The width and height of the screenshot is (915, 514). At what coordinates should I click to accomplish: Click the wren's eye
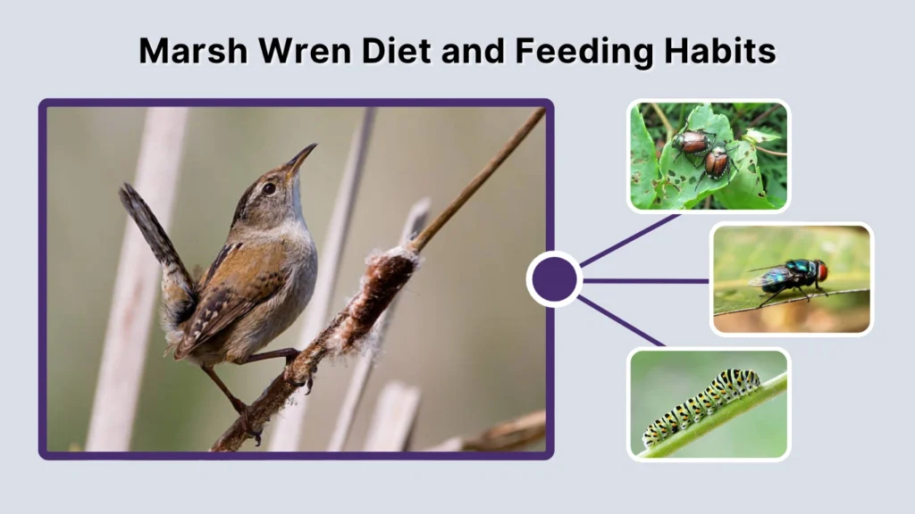click(268, 188)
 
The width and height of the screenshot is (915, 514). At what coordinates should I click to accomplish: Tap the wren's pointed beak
click(301, 157)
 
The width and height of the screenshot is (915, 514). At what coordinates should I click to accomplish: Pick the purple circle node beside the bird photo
click(554, 279)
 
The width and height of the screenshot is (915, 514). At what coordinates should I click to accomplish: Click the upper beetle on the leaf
click(691, 141)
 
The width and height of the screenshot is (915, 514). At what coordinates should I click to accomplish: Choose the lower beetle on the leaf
click(716, 162)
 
